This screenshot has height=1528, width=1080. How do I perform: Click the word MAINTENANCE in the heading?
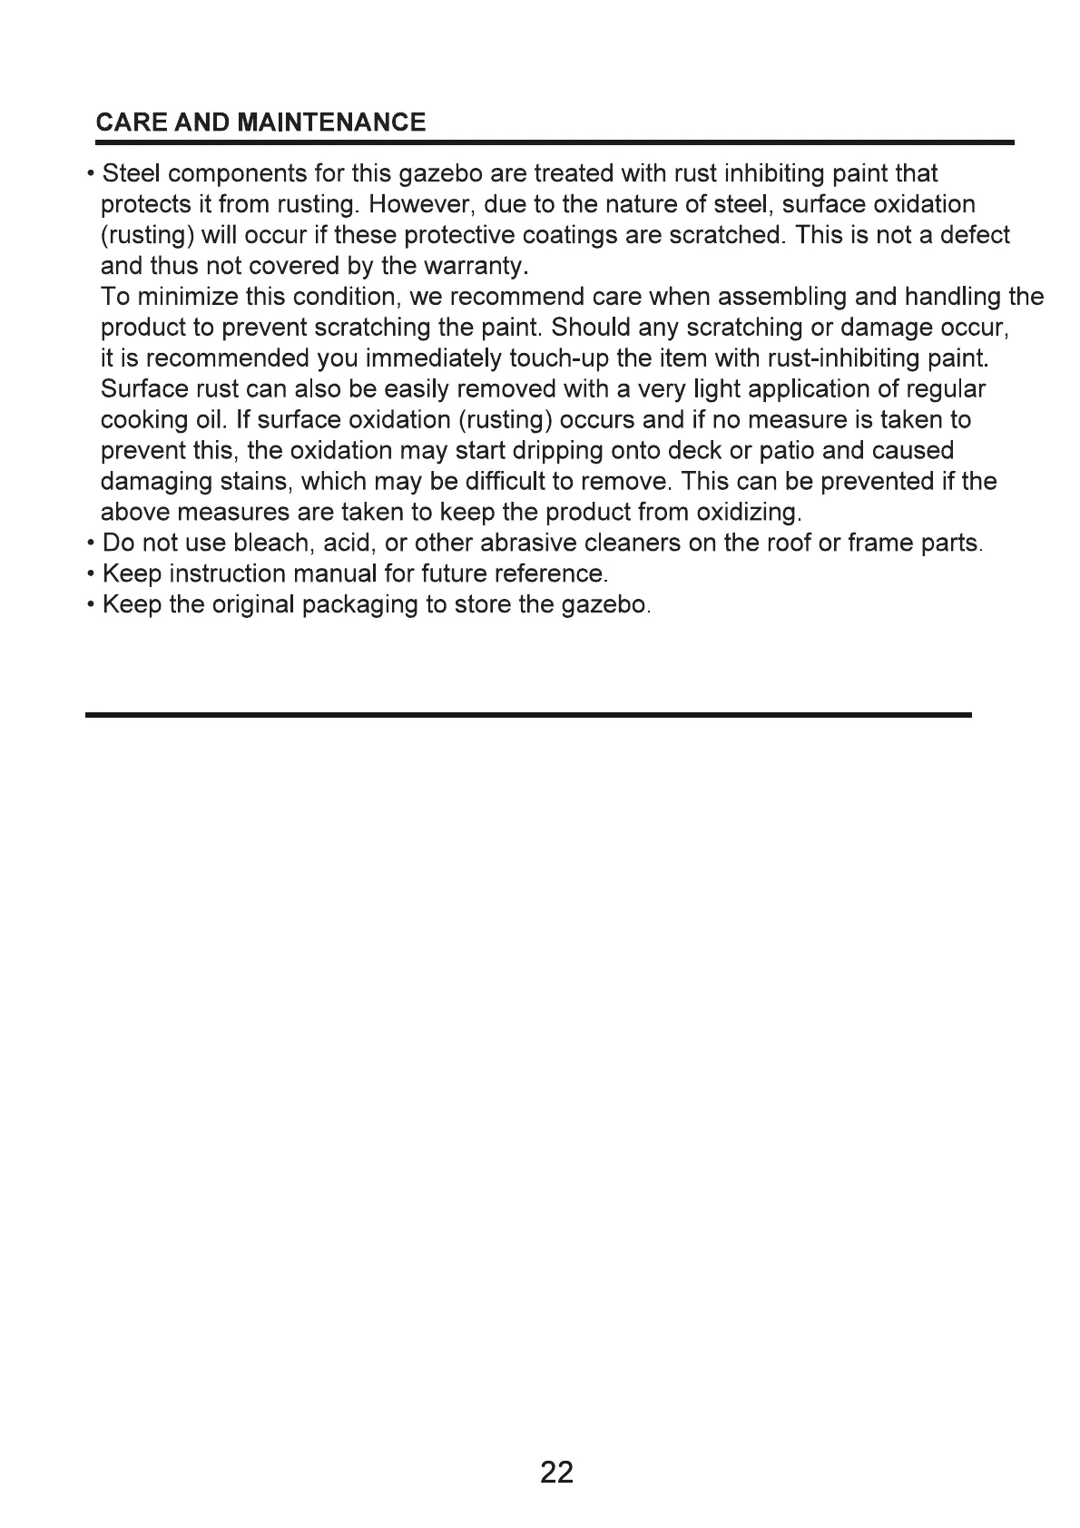330,123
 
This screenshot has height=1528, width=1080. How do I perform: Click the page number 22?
556,1472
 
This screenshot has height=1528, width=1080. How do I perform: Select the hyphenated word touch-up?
562,359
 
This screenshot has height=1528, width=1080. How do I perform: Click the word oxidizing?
748,514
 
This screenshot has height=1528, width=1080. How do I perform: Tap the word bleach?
271,544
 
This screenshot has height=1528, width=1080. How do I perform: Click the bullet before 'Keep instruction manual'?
92,575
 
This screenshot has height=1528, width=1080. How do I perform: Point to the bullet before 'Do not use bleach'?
92,544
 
